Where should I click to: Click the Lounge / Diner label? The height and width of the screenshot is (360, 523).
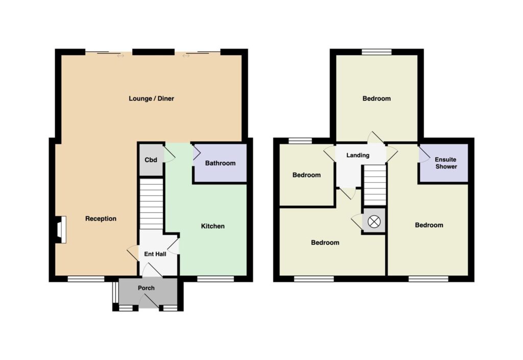pyautogui.click(x=151, y=99)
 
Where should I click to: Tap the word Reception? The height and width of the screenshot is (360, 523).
pyautogui.click(x=101, y=219)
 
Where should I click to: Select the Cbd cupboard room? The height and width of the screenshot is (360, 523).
pyautogui.click(x=151, y=160)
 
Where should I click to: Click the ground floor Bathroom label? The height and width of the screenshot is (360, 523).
pyautogui.click(x=220, y=163)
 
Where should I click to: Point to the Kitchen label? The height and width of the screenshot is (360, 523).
pyautogui.click(x=213, y=226)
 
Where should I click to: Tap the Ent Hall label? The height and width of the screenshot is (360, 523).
pyautogui.click(x=155, y=254)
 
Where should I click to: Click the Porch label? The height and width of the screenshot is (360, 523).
pyautogui.click(x=146, y=288)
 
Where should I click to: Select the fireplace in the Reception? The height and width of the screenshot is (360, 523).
pyautogui.click(x=61, y=230)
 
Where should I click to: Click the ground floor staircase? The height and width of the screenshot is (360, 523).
pyautogui.click(x=151, y=204)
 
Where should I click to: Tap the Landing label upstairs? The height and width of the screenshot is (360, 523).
pyautogui.click(x=358, y=155)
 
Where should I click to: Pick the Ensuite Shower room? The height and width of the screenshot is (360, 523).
pyautogui.click(x=444, y=163)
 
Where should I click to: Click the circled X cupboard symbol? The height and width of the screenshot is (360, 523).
pyautogui.click(x=374, y=221)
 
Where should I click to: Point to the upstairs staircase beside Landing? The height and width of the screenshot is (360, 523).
pyautogui.click(x=374, y=185)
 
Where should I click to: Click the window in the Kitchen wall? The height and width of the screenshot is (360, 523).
pyautogui.click(x=215, y=279)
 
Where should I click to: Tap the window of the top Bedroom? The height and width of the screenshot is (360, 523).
pyautogui.click(x=376, y=52)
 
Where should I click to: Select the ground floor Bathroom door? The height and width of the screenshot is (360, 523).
pyautogui.click(x=196, y=154)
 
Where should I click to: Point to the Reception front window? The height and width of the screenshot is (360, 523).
pyautogui.click(x=86, y=279)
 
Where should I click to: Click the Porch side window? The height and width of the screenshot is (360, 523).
pyautogui.click(x=115, y=293)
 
